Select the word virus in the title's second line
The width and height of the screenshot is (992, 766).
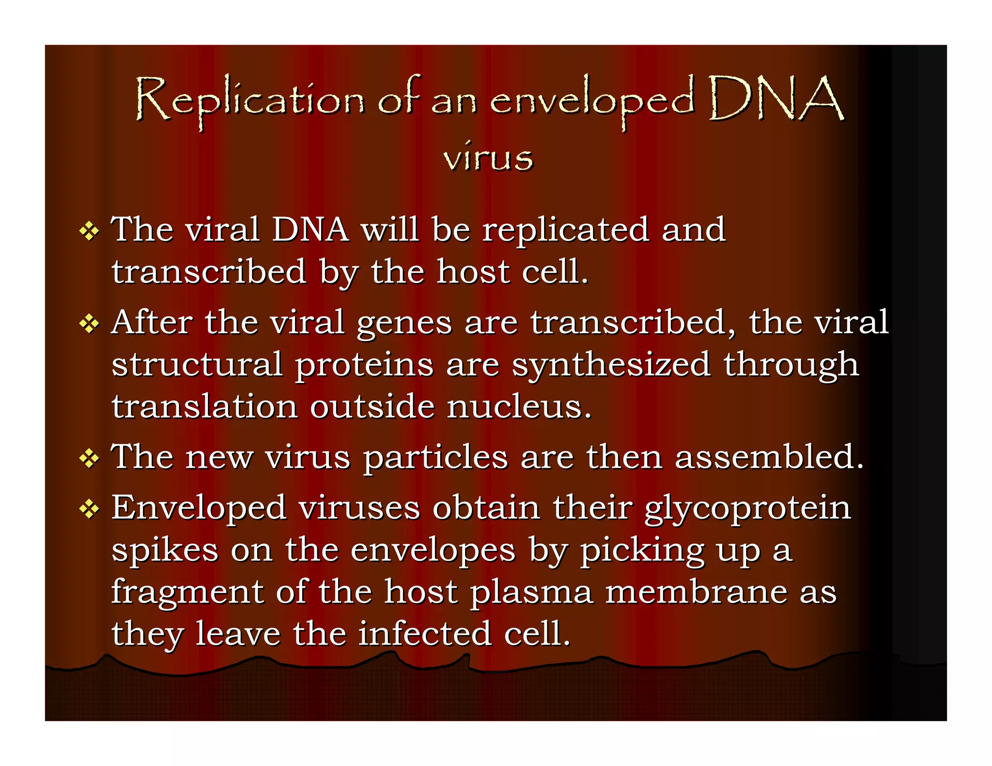coord(488,157)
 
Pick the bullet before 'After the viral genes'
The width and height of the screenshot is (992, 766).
coord(89,324)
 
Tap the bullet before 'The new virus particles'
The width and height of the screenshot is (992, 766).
coord(89,458)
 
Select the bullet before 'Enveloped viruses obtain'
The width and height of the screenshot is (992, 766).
coord(89,509)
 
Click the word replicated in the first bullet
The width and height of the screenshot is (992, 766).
coord(565,230)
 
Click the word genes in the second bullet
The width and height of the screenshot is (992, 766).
coord(404,323)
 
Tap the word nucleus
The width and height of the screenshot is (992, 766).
coord(518,407)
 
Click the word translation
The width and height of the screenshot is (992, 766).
coord(204,407)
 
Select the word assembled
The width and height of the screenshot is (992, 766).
coord(769,457)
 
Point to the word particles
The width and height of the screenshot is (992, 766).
coord(435,458)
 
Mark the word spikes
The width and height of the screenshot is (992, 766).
coord(165,551)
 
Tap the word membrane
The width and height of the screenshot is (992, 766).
coord(697,592)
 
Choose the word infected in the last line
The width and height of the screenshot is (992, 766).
coord(425,634)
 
